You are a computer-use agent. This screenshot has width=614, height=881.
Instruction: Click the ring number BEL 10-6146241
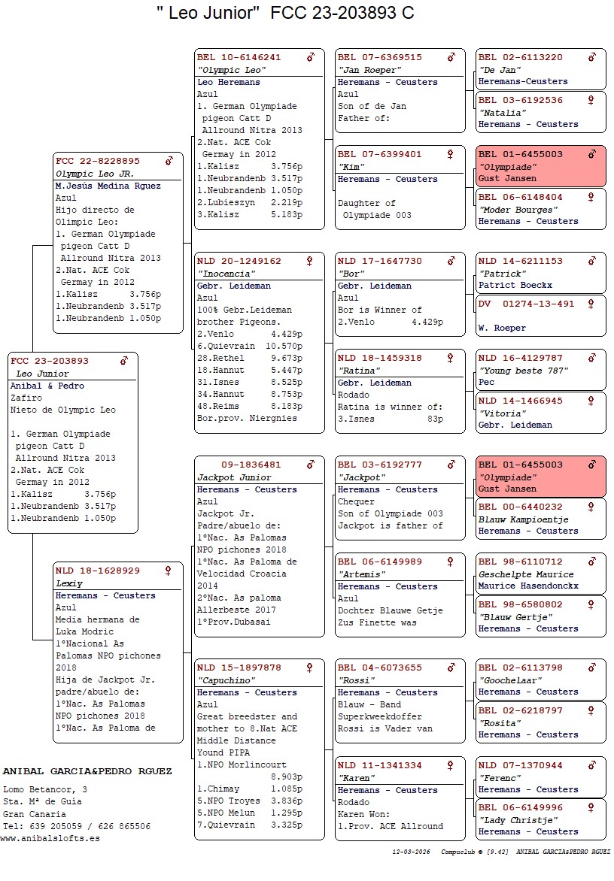[x=239, y=57]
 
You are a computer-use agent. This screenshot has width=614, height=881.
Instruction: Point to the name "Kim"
[x=350, y=167]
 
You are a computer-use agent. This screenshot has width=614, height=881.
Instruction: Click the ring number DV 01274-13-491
[x=527, y=304]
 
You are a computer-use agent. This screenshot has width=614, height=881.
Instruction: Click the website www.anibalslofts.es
[x=50, y=838]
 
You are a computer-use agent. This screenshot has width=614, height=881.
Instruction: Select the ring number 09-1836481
[x=251, y=465]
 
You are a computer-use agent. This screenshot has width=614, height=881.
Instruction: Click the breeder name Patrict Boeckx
[x=515, y=285]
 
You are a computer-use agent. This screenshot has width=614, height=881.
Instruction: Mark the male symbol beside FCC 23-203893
[x=124, y=361]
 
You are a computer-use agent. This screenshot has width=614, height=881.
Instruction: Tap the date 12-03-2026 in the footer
[x=411, y=852]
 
